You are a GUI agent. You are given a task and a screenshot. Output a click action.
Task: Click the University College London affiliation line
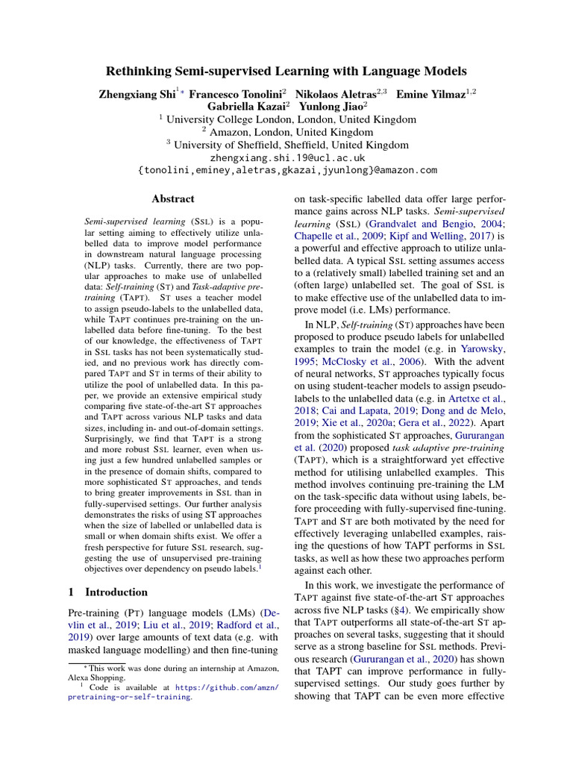[x=286, y=119]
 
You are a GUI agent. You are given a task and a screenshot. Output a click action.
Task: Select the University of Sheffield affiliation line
[x=286, y=145]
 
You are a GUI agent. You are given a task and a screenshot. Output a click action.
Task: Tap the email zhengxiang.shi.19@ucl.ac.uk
[x=286, y=157]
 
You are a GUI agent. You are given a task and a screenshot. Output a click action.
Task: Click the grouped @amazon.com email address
[x=286, y=170]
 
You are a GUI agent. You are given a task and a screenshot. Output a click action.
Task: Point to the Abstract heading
[x=172, y=199]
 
